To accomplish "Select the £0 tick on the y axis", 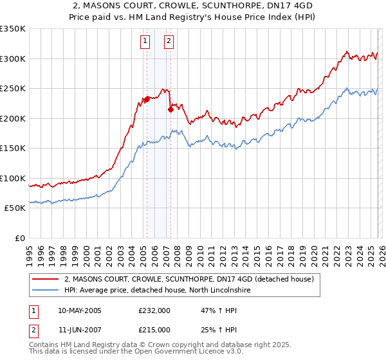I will [19, 238].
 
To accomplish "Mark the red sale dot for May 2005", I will [147, 99].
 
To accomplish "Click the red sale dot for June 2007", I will [170, 109].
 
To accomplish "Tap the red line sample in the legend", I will [46, 280].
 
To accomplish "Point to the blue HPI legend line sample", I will [46, 291].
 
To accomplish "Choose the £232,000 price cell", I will [154, 310].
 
